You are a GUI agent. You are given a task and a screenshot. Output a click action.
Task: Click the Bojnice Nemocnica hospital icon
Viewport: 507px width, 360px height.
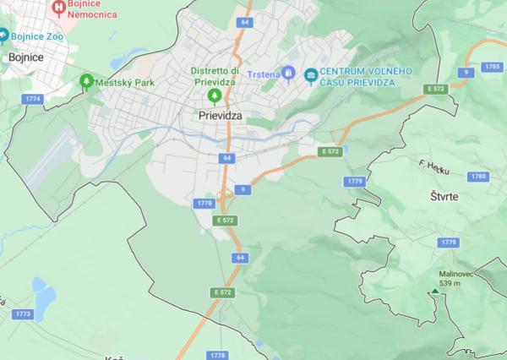(x=58, y=8)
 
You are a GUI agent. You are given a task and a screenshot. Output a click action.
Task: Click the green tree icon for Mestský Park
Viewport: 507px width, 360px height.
(x=85, y=81)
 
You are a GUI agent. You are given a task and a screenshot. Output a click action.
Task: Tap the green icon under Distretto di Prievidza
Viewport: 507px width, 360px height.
(x=214, y=95)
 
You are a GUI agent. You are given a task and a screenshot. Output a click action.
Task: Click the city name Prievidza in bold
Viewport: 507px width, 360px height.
(x=221, y=114)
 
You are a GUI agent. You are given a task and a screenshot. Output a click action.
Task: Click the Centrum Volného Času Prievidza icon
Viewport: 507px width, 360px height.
(x=311, y=74)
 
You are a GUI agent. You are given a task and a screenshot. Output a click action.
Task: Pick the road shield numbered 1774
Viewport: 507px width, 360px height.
(x=34, y=99)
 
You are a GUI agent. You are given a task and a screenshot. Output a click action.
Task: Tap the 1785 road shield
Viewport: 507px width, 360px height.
(x=492, y=66)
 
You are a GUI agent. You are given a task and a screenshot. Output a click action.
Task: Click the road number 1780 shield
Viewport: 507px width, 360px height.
(x=480, y=176)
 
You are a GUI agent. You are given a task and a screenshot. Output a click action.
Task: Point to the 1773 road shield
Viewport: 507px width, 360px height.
(x=24, y=314)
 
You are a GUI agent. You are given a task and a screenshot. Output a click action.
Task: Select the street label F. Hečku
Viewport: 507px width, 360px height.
(x=434, y=167)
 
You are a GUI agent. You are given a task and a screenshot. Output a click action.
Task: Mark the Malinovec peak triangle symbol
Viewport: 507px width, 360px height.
(x=434, y=292)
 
